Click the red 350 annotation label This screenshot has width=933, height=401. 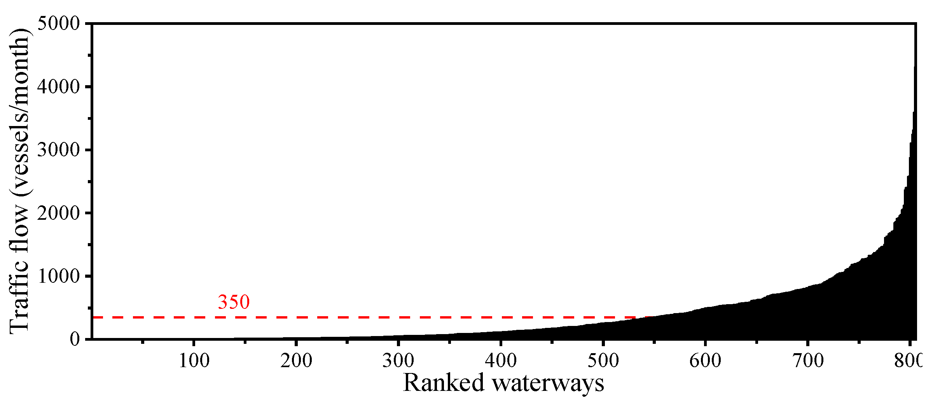pyautogui.click(x=234, y=302)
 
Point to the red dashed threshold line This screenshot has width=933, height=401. pyautogui.click(x=350, y=317)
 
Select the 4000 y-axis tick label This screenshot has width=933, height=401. pyautogui.click(x=58, y=86)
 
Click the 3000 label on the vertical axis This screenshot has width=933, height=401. pyautogui.click(x=58, y=150)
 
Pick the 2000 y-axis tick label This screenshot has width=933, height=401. pyautogui.click(x=58, y=213)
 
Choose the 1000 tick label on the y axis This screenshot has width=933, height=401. pyautogui.click(x=58, y=276)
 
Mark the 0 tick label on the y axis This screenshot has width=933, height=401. pyautogui.click(x=75, y=339)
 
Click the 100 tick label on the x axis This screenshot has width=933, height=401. pyautogui.click(x=194, y=361)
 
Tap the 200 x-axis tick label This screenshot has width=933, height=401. pyautogui.click(x=296, y=361)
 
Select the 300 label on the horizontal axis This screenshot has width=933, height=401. pyautogui.click(x=398, y=361)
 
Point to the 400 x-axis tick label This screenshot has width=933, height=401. pyautogui.click(x=501, y=361)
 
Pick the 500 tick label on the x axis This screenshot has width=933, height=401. pyautogui.click(x=603, y=361)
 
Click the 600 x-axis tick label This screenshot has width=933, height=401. pyautogui.click(x=705, y=361)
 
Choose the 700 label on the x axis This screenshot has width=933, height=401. pyautogui.click(x=808, y=361)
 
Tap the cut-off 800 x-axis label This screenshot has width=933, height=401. pyautogui.click(x=908, y=361)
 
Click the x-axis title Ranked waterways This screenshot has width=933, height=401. pyautogui.click(x=503, y=383)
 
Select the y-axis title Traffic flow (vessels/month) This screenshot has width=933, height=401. pyautogui.click(x=19, y=181)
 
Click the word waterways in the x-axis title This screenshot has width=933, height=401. pyautogui.click(x=548, y=383)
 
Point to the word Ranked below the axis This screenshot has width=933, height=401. pyautogui.click(x=444, y=383)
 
